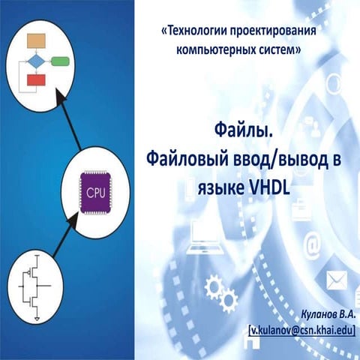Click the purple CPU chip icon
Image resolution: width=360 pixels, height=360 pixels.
[95, 192]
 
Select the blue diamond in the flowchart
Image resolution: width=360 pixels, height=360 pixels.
[35, 60]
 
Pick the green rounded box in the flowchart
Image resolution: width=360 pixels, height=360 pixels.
[61, 60]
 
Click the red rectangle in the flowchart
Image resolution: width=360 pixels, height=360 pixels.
[35, 79]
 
